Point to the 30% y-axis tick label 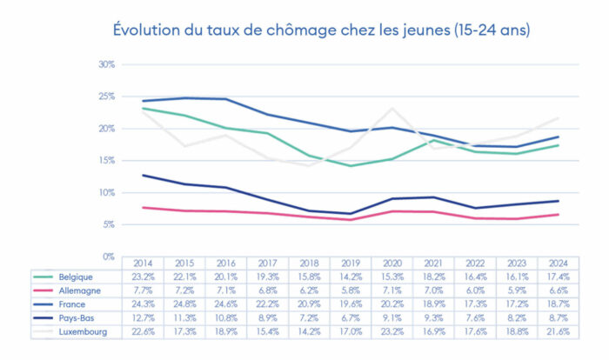tap(107, 64)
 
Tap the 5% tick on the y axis tap(110, 224)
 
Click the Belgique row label tap(71, 276)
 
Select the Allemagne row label tap(75, 289)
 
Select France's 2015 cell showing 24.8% tap(184, 303)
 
